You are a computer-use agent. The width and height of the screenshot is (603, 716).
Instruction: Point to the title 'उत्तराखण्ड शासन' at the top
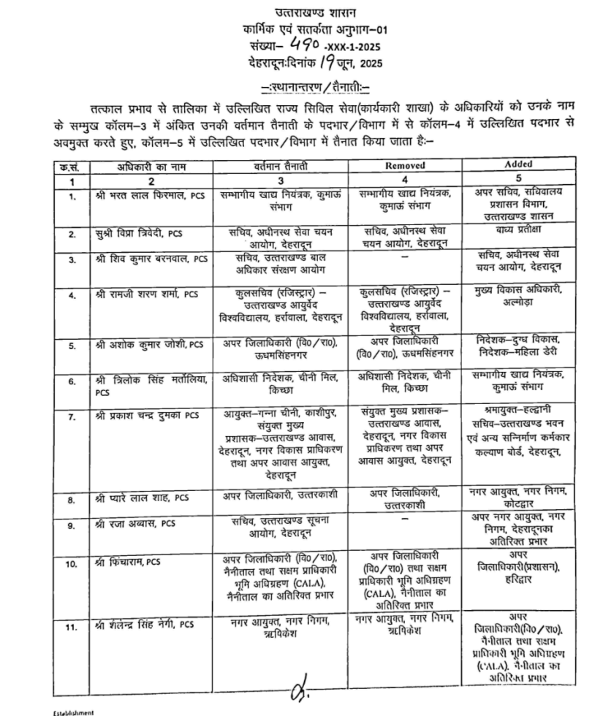pos(304,12)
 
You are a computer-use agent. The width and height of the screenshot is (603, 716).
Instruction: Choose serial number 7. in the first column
pos(72,416)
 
